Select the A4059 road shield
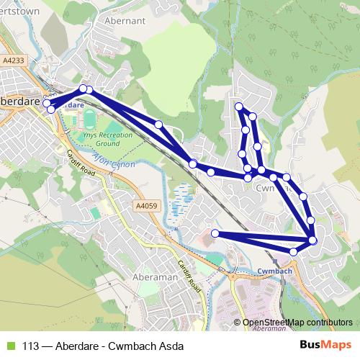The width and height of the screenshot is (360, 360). tap(145, 206)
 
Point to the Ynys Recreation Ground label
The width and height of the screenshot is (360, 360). tap(107, 139)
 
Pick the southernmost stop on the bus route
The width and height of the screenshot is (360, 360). tap(293, 251)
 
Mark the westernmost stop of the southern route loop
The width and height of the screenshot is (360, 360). tap(215, 233)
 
